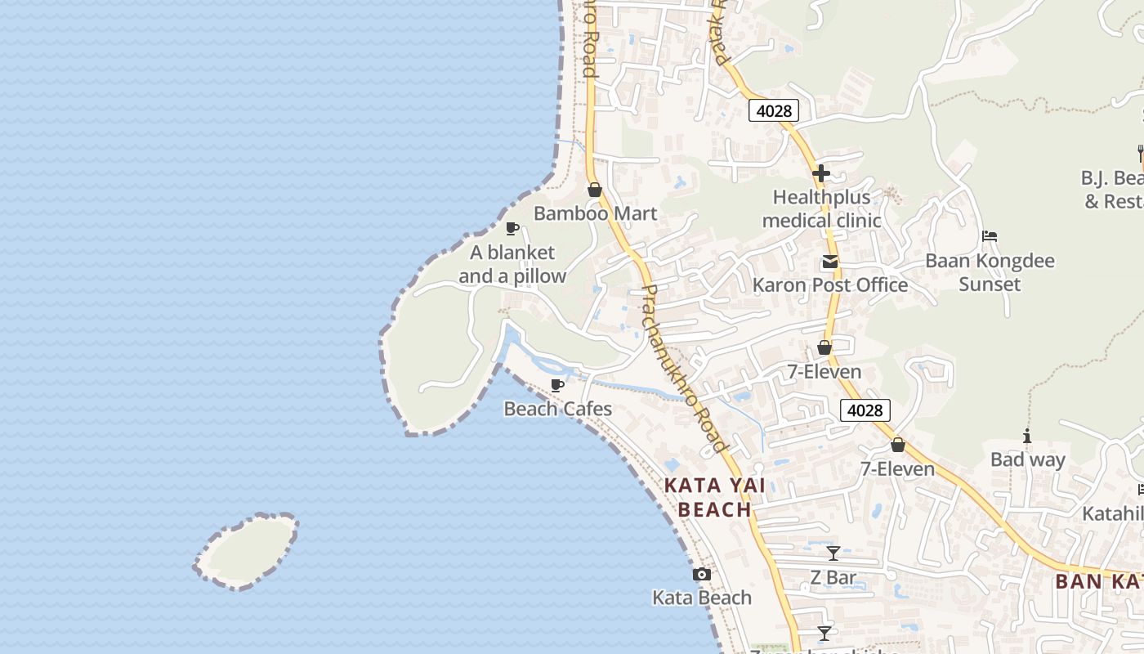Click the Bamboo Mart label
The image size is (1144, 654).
[x=595, y=213]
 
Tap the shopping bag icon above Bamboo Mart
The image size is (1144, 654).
[x=595, y=190]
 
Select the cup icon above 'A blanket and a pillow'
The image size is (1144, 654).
[x=512, y=228]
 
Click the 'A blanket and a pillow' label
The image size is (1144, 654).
[x=512, y=264]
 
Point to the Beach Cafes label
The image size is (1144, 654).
[x=557, y=409]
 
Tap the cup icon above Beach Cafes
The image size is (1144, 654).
[x=557, y=385]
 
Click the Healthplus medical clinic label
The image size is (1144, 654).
[x=821, y=208]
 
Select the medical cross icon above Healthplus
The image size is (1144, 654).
[x=821, y=173]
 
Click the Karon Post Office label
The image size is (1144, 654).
[x=829, y=285]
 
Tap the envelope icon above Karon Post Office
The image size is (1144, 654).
[x=829, y=262]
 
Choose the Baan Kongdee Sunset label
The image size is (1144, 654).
[x=990, y=272]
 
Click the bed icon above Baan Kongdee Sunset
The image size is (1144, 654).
[x=990, y=236]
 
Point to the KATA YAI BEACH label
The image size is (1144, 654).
[x=714, y=497]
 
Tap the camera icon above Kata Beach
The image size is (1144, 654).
[x=701, y=575]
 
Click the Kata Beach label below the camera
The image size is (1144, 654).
[x=701, y=598]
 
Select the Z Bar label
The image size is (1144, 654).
[x=833, y=578]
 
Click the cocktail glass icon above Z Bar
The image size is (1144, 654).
[x=833, y=553]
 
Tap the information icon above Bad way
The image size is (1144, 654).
[x=1027, y=437]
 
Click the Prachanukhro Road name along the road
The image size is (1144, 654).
[x=682, y=368]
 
